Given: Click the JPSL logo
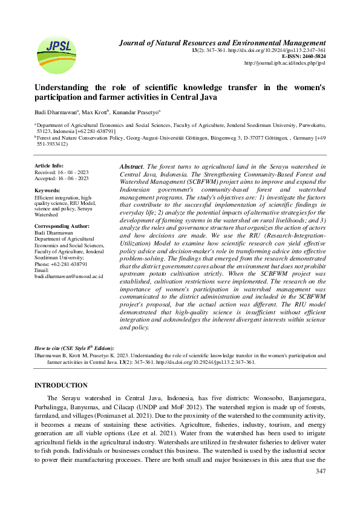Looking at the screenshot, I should point(57,54).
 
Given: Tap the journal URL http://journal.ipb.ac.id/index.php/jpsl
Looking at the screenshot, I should point(284,63).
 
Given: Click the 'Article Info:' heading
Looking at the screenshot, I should point(49,165).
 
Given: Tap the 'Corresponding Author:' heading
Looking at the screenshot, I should point(62,225).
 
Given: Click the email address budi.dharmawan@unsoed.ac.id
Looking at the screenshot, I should point(68,276).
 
